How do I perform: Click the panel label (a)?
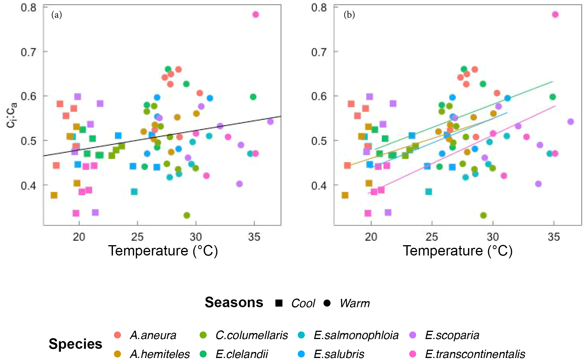pos(57,15)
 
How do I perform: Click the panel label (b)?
pos(349,15)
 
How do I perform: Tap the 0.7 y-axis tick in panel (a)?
pos(29,52)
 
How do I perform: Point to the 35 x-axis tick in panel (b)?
pos(554,237)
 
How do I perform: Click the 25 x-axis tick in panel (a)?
pos(137,237)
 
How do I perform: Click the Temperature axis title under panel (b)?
pos(458,251)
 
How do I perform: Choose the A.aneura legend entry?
pos(153,335)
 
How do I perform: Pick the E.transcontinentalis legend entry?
pos(475,354)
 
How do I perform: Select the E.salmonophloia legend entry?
pos(356,335)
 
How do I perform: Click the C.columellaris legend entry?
pos(251,335)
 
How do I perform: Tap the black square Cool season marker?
pos(279,303)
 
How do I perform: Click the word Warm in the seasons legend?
pos(355,303)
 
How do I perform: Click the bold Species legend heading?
pos(75,344)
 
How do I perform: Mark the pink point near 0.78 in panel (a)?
pos(256,15)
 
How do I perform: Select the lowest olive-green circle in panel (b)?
pos(484,215)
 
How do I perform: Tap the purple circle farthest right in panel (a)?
pos(270,122)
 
